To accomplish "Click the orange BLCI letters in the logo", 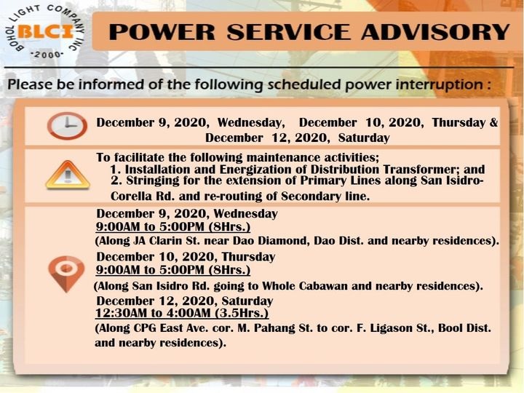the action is pos(45,32).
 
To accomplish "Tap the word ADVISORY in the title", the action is pos(435,32).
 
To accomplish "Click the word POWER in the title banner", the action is pos(162,32).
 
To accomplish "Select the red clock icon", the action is pos(67,126).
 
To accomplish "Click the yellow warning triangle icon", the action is pos(68,175).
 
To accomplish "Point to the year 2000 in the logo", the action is pos(47,55).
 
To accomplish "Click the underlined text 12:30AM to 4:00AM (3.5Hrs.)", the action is pos(182,313).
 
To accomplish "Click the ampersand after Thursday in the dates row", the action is pos(494,122).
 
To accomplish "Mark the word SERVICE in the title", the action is pos(288,32).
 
